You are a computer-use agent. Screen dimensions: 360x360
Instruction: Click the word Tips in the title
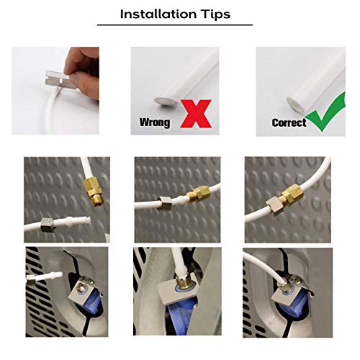pos(215,14)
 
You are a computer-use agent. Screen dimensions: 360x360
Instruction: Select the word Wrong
pos(155,122)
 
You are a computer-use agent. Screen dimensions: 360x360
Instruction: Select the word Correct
pos(288,122)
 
